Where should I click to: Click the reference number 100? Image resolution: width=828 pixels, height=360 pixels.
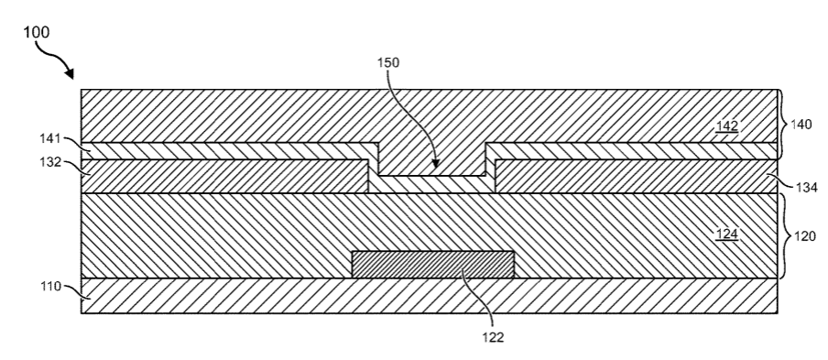[37, 32]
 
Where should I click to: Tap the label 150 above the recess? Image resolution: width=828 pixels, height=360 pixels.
[388, 62]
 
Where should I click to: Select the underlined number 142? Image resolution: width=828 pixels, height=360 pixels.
[726, 126]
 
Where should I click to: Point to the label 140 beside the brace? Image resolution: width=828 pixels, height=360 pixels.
[801, 125]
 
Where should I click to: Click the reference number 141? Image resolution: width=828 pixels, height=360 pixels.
[50, 139]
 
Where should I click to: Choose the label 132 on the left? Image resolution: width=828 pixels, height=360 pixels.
[50, 162]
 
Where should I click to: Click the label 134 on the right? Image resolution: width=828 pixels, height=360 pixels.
[806, 188]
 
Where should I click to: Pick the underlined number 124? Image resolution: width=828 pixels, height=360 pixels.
[726, 234]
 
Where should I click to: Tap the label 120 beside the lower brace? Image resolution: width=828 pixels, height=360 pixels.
[805, 236]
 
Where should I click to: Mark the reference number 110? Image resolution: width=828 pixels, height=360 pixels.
[50, 287]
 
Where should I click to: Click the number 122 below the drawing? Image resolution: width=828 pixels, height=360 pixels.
[493, 337]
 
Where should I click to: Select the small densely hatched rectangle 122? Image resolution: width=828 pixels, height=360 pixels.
[433, 265]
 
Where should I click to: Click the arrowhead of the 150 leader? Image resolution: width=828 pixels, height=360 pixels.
[434, 165]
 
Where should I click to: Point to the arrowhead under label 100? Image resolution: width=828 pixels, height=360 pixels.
[70, 74]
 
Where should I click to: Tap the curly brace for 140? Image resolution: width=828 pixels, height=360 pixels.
[783, 125]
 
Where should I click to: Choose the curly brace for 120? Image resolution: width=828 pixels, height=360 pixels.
[784, 236]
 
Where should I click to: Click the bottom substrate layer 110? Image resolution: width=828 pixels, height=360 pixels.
[430, 296]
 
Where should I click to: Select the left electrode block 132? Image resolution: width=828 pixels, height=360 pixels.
[224, 176]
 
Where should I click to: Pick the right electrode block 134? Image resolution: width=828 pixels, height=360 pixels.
[637, 176]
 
